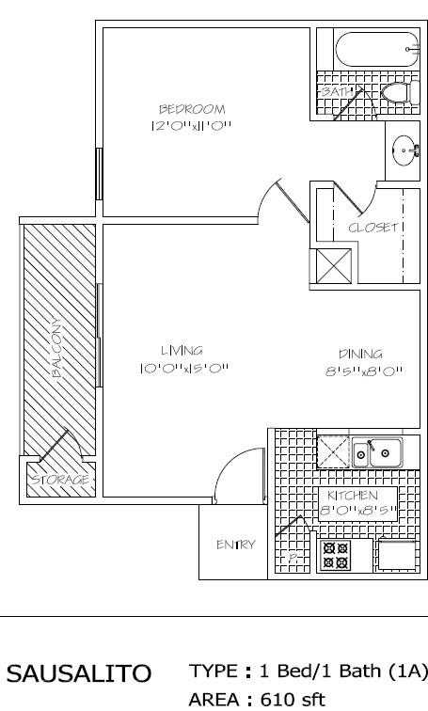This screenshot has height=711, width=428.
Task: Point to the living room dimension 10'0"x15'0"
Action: pos(182,368)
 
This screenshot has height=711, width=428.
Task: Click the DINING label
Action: pos(360,354)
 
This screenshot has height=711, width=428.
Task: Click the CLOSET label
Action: pos(375,228)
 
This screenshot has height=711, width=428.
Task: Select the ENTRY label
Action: pos(236,544)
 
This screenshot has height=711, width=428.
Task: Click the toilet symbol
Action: pos(396,92)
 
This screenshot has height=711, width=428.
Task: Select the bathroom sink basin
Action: pos(405,148)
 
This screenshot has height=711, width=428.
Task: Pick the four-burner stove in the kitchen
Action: pos(336,555)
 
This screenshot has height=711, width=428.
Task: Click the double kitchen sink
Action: pos(375,453)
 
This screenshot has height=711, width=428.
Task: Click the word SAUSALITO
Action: pos(79,673)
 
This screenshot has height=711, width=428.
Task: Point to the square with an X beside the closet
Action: pos(333,264)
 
